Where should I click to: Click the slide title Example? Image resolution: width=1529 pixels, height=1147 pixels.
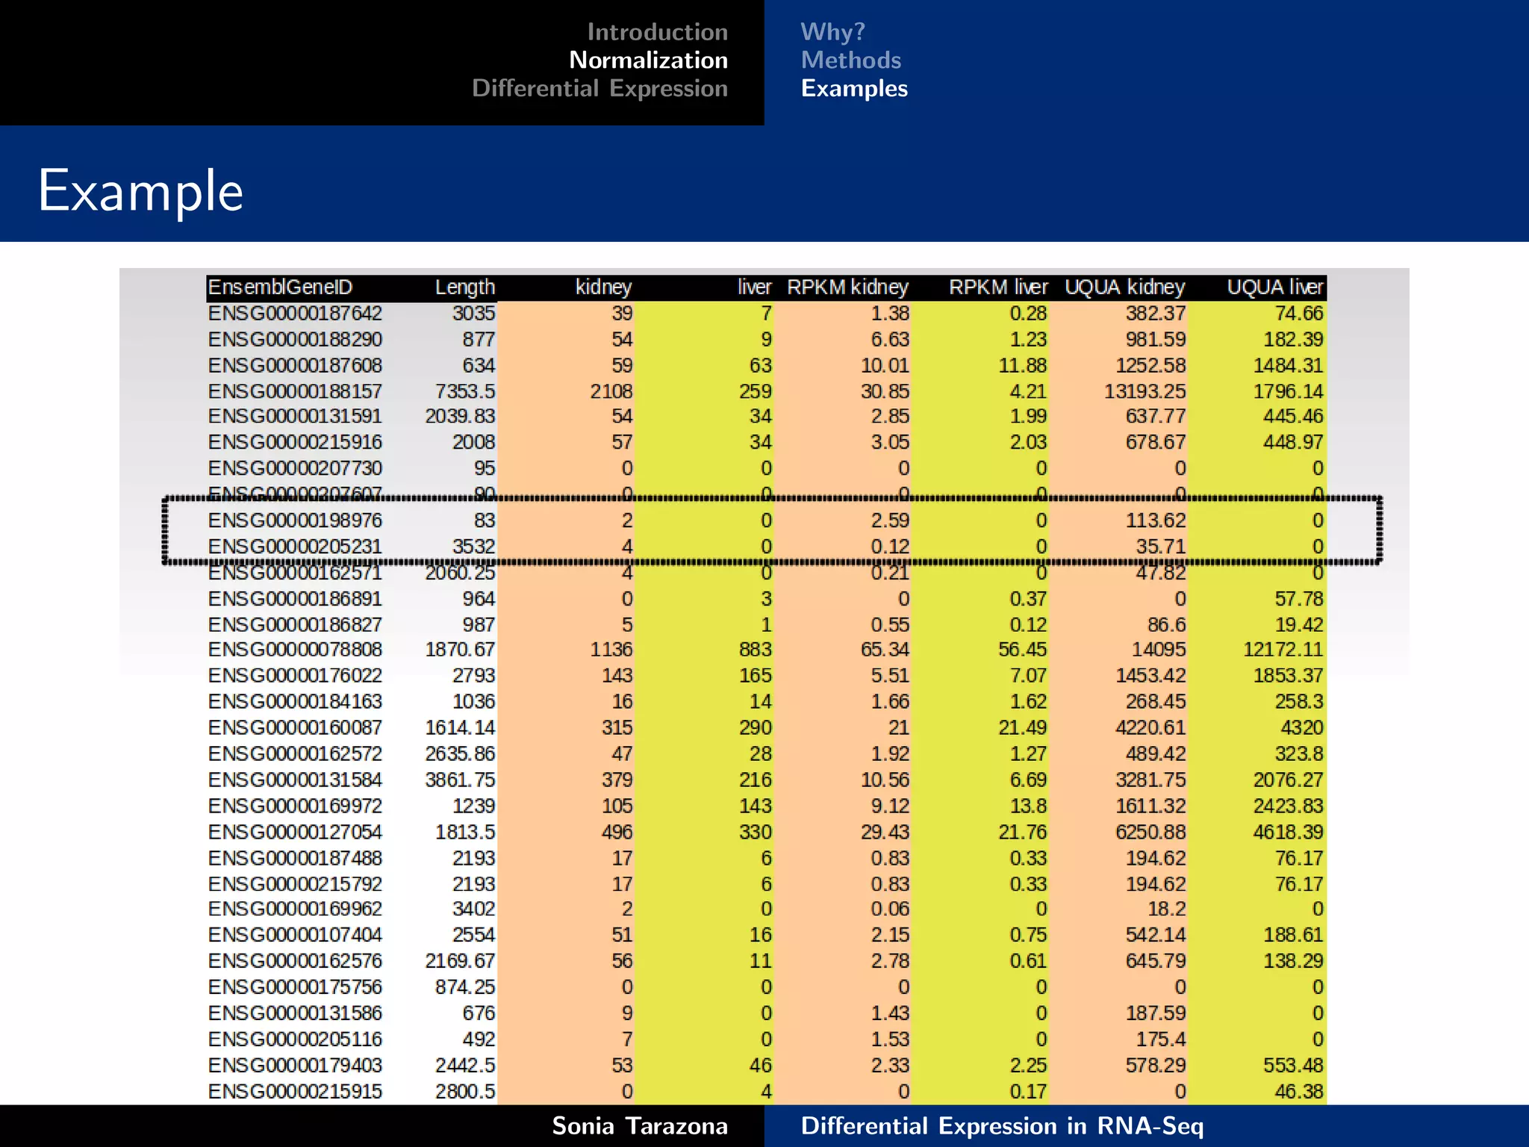[x=140, y=191]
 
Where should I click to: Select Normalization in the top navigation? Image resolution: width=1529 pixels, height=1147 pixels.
[x=648, y=60]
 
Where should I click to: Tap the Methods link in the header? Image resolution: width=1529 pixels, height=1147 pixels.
[x=850, y=60]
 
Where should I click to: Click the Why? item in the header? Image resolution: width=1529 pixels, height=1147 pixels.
[x=832, y=31]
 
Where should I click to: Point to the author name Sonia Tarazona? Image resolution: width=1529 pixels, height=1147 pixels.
[x=639, y=1125]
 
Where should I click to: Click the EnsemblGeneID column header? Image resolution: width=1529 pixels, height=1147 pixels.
[x=280, y=287]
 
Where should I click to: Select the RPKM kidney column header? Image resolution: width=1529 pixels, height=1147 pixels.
[x=847, y=287]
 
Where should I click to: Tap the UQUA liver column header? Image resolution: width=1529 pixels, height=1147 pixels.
[x=1274, y=287]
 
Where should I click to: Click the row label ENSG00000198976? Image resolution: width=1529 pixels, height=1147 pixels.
[x=295, y=520]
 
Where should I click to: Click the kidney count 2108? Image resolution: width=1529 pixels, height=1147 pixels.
[x=611, y=391]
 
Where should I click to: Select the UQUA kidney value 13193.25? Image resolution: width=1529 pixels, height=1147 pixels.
[x=1145, y=391]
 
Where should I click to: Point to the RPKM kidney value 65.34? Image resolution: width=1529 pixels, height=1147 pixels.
[x=885, y=650]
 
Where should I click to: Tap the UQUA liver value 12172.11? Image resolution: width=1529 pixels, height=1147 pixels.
[x=1282, y=650]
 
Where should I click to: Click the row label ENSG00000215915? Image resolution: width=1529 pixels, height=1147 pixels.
[x=295, y=1092]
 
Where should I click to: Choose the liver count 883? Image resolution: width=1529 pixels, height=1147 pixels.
[x=755, y=650]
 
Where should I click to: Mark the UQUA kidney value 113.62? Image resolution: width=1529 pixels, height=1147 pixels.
[x=1155, y=520]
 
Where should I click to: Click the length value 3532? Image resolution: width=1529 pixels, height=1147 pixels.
[x=473, y=547]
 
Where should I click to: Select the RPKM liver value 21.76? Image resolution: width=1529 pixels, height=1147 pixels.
[x=1022, y=832]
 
